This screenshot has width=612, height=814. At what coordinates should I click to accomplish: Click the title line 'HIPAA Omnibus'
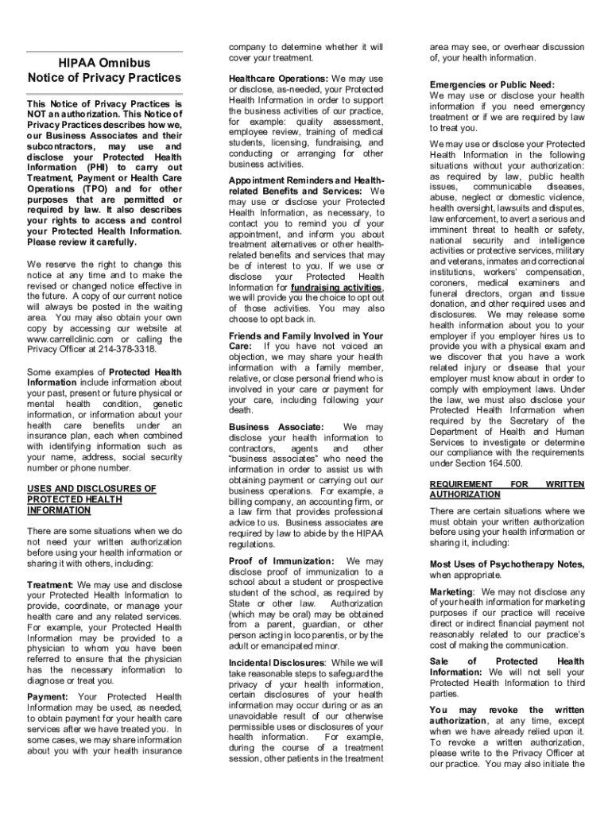tap(104, 62)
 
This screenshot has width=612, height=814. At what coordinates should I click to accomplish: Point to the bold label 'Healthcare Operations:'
tap(278, 79)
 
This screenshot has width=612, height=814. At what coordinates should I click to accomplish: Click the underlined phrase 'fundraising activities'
tap(337, 287)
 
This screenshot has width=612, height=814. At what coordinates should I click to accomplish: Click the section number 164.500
tap(502, 463)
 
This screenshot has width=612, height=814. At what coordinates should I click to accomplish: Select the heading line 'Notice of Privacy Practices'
tap(104, 78)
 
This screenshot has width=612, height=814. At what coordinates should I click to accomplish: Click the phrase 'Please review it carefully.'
tap(82, 242)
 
